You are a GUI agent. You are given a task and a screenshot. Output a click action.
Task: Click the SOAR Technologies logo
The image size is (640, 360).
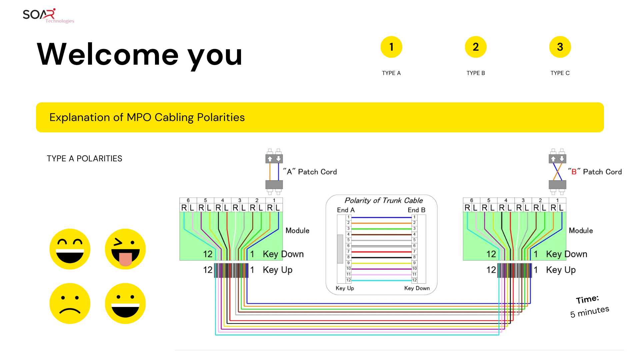point(48,16)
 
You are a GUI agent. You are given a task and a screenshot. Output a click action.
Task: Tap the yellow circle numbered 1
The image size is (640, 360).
point(391,47)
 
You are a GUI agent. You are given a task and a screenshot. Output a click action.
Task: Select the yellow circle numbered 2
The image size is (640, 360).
point(476,47)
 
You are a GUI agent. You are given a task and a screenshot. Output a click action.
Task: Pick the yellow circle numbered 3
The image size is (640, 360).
point(560,47)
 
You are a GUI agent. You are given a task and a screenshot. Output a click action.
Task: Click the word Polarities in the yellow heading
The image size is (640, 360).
point(221,117)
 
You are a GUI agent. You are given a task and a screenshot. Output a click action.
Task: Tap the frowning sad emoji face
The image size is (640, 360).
point(70,303)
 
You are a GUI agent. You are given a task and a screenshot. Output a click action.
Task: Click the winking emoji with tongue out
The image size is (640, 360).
point(125,249)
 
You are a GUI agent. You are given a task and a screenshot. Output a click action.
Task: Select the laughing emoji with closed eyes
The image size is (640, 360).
point(70,249)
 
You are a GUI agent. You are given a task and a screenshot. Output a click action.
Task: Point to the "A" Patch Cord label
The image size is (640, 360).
point(310,172)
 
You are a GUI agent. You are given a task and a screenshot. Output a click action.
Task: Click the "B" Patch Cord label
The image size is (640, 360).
point(595,172)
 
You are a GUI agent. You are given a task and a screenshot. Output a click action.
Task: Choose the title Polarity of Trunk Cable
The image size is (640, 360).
point(383,200)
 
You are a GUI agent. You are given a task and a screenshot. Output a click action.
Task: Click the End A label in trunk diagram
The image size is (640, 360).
point(346,210)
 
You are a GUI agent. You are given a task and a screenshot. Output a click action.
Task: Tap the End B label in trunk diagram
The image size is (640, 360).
point(416,210)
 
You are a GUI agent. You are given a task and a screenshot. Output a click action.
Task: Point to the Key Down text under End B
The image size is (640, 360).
point(417,288)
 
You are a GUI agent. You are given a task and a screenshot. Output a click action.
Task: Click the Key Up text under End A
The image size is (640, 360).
point(345,288)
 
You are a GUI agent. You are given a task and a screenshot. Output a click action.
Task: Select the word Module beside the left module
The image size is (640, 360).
point(297,231)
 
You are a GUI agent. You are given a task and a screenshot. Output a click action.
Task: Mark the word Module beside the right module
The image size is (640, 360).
point(581,231)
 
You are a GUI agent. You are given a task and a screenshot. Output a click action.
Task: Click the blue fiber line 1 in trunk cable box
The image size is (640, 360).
point(381,217)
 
